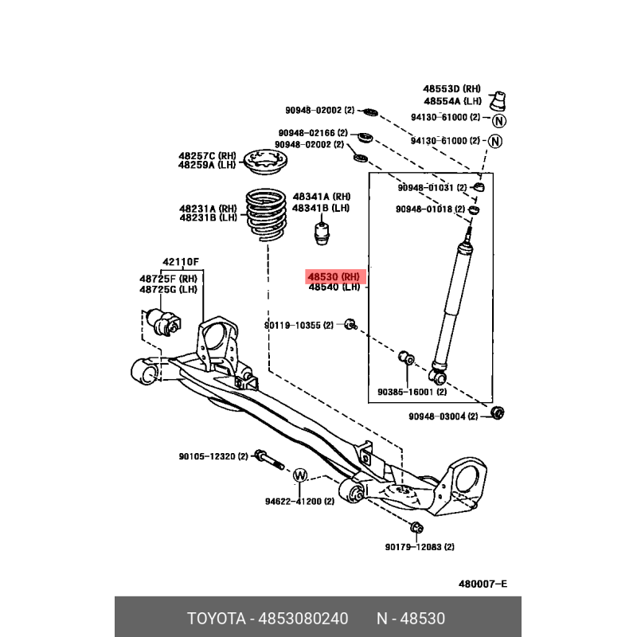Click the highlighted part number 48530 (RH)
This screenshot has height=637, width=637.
335,276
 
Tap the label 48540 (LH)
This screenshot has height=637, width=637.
335,287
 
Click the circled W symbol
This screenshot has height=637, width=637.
300,476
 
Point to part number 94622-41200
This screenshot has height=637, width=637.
293,502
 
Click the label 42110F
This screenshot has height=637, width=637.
181,262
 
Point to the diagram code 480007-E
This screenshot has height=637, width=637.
483,584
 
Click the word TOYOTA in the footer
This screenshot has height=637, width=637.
217,619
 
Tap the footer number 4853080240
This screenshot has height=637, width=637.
304,619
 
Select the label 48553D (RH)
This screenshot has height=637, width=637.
452,88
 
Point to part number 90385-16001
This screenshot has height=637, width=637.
412,392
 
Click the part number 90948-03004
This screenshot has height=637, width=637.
443,416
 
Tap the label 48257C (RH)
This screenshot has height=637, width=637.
207,155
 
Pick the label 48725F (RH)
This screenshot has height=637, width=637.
168,278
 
